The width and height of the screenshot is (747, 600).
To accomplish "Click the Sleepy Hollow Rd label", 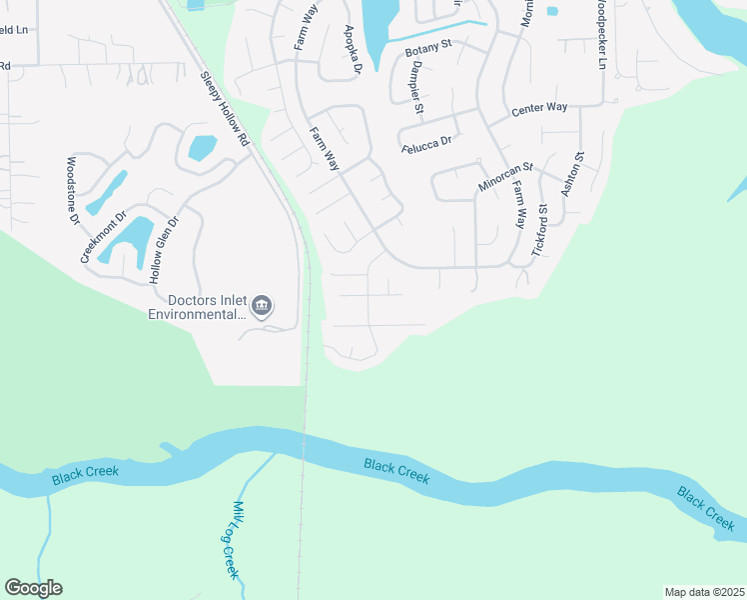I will click(x=223, y=110).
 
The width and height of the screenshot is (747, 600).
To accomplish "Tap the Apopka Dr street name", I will click(x=350, y=49).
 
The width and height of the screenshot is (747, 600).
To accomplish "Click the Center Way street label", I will click(x=538, y=109).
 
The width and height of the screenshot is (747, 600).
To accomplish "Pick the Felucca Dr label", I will click(x=426, y=145).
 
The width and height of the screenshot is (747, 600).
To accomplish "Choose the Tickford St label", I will click(x=540, y=231).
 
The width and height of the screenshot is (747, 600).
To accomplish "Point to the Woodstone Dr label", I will click(x=72, y=189).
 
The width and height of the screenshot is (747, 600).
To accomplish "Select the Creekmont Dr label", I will click(x=103, y=237).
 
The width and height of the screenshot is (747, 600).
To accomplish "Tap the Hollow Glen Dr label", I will click(x=165, y=251).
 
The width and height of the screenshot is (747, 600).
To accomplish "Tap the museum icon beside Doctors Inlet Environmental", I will click(x=262, y=305).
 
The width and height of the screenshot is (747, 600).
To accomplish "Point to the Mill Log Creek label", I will click(x=232, y=540).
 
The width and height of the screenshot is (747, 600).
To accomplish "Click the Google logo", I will click(x=33, y=588).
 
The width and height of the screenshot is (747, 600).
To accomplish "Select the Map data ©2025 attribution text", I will click(x=704, y=592).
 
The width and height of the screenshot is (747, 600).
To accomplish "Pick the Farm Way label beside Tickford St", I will click(x=518, y=206).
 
